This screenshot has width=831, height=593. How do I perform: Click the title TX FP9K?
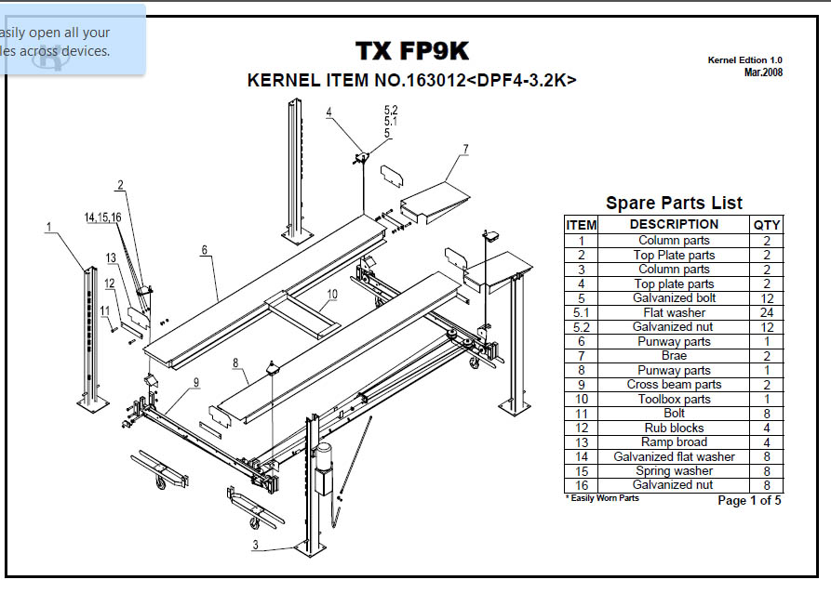coord(412,51)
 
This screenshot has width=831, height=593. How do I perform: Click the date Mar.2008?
coord(763,72)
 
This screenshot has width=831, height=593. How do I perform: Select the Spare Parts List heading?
coord(674,203)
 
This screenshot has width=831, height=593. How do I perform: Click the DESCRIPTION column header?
coord(674,224)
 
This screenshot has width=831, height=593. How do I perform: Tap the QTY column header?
coord(767,224)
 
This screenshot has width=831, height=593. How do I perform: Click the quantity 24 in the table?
coord(767,312)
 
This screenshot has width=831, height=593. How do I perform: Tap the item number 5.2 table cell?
coord(582,327)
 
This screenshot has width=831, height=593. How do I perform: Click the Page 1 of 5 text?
coord(749,501)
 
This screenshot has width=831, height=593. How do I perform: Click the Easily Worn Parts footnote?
coord(602,498)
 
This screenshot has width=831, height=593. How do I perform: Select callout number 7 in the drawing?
coord(464,149)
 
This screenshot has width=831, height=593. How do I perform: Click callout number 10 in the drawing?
coord(331,293)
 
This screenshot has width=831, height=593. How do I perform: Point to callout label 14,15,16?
coord(102,217)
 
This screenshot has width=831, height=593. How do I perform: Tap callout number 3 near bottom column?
coord(255,546)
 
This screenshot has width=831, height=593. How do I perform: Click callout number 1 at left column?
coord(47,226)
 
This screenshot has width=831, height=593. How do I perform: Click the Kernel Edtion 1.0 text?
coord(744,60)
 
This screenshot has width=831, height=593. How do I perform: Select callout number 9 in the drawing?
coord(196,381)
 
